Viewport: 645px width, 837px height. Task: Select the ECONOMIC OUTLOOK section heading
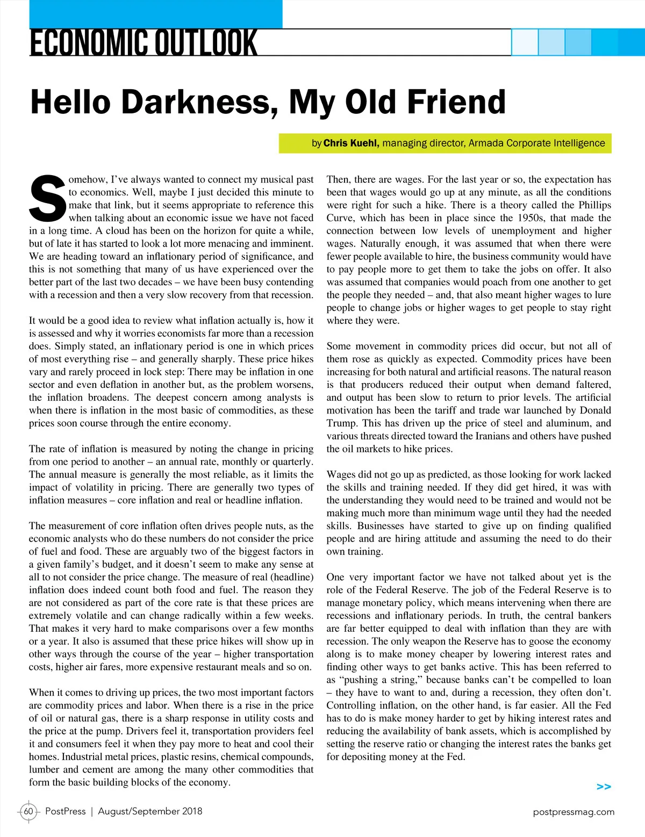click(x=144, y=44)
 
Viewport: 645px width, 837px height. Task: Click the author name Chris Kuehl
click(x=351, y=143)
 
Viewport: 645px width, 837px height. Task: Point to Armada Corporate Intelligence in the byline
click(x=536, y=143)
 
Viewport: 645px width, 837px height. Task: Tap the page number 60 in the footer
click(x=28, y=811)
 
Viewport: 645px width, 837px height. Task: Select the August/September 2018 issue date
click(x=150, y=811)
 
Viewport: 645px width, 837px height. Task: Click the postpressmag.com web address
click(x=574, y=812)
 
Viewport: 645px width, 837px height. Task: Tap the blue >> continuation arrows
click(x=604, y=787)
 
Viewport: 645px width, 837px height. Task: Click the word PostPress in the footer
click(x=65, y=811)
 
